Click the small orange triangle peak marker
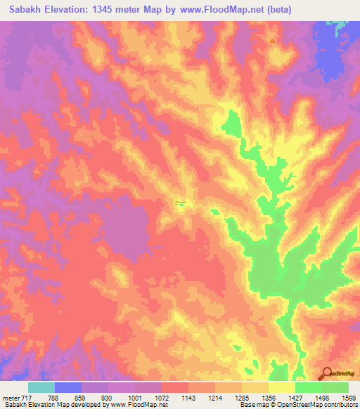pyautogui.click(x=273, y=40)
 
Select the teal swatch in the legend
pyautogui.click(x=41, y=387)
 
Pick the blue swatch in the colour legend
pyautogui.click(x=68, y=387)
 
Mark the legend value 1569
pyautogui.click(x=347, y=397)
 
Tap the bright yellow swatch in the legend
pyautogui.click(x=282, y=387)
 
